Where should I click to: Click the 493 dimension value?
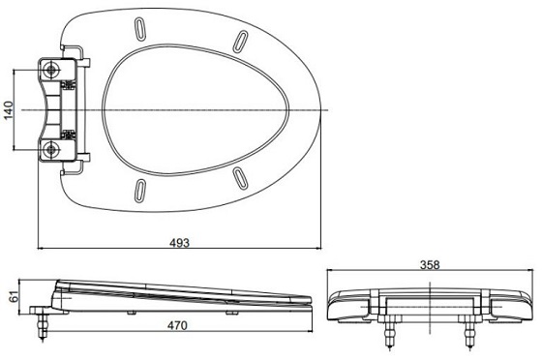click(x=179, y=243)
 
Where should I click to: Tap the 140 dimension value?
click(x=9, y=110)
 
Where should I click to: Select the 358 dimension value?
click(x=430, y=264)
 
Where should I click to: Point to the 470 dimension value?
click(x=177, y=325)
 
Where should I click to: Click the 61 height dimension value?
click(x=15, y=297)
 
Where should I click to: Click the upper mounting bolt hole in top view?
click(x=51, y=70)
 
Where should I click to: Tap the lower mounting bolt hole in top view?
click(x=51, y=150)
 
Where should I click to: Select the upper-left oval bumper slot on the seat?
click(x=139, y=29)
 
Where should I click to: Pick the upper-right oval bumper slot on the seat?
click(x=240, y=42)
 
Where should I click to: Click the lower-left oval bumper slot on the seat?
click(x=139, y=191)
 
